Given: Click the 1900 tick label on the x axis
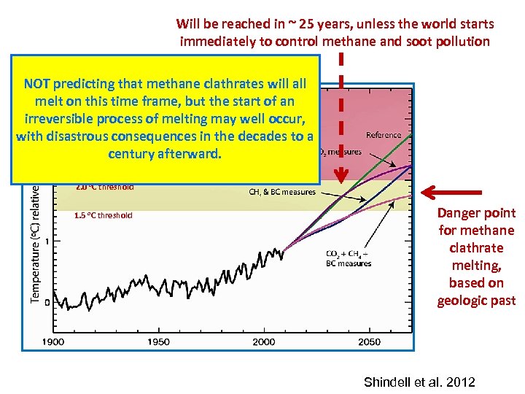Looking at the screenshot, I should point(52,341).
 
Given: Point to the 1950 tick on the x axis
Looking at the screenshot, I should point(158,341).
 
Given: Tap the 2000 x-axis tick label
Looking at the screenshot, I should point(264,341).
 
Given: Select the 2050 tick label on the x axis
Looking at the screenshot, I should point(370,341).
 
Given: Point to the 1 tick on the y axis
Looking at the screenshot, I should point(47,242).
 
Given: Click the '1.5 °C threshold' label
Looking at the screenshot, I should point(103,215).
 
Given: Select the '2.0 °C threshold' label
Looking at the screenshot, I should point(104,187).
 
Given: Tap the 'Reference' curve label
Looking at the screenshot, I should point(384,135).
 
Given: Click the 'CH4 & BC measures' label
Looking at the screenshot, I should point(282,192).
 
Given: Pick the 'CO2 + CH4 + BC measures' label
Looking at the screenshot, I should point(348,258).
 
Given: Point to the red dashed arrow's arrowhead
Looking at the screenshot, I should point(340,175).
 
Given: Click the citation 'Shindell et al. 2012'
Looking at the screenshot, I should point(419,382).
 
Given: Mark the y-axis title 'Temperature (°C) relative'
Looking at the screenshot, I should point(35,242).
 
